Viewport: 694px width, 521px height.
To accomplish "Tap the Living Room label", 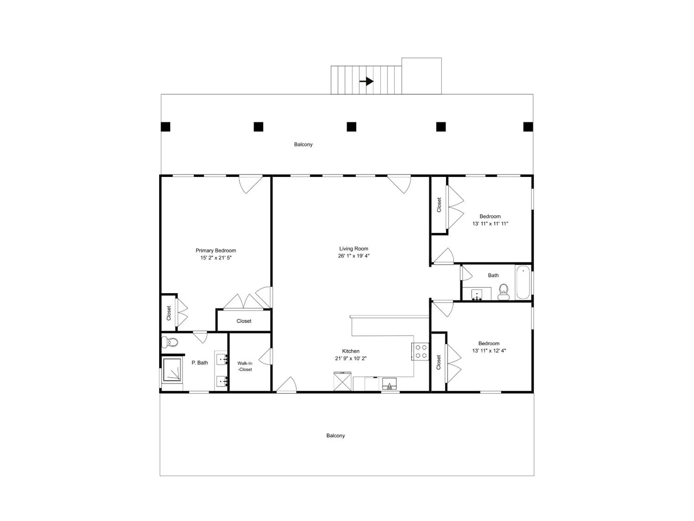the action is (x=354, y=248).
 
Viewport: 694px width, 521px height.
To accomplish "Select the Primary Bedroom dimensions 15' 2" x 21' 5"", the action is (x=216, y=258).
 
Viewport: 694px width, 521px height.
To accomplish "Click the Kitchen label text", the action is (x=351, y=351).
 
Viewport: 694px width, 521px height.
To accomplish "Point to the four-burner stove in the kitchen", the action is (x=420, y=351).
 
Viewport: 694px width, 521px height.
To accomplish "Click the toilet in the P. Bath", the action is (x=170, y=342).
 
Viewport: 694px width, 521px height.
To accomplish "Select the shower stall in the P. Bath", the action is (x=172, y=369).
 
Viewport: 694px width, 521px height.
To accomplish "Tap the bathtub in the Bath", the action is (x=523, y=282).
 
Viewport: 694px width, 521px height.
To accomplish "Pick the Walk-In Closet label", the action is (x=245, y=366).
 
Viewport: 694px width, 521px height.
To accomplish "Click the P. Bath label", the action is (x=200, y=363).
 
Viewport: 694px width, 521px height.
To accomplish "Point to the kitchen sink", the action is (x=389, y=384).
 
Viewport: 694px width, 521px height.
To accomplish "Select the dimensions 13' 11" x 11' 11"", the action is (x=490, y=224).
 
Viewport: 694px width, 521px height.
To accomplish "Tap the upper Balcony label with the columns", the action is (x=303, y=144).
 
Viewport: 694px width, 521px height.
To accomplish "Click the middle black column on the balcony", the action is (x=351, y=127).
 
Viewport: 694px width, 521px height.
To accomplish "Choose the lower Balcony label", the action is (x=335, y=436).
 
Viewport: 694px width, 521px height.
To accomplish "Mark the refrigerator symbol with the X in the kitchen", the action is (x=342, y=381).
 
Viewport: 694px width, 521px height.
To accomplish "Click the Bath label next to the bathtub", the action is (x=493, y=275).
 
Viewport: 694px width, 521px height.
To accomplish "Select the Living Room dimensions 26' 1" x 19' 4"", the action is (x=354, y=256).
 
